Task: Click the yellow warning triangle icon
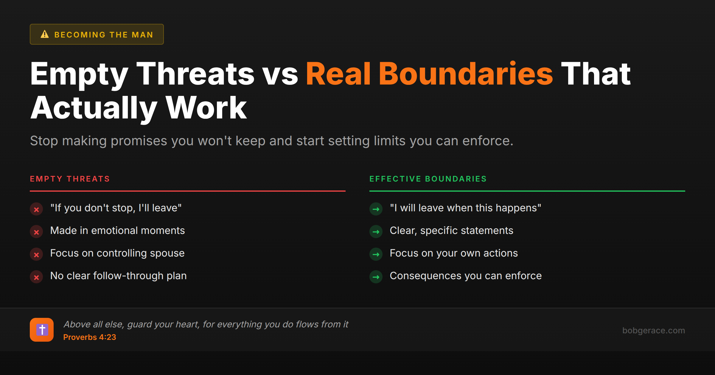coord(45,34)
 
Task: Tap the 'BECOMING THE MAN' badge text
coord(104,35)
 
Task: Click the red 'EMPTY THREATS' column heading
coord(70,179)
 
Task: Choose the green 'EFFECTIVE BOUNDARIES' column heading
coord(428,179)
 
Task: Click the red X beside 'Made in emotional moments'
coord(36,232)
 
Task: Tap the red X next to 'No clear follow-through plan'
coord(36,277)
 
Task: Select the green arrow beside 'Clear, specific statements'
coord(376,232)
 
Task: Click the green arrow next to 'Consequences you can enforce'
coord(376,277)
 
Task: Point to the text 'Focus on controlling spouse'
coord(117,253)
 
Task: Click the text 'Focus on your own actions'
coord(454,253)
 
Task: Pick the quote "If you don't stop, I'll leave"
coord(116,208)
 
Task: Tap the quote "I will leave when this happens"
coord(465,208)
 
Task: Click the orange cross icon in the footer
coord(42,330)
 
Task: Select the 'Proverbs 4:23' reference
coord(90,337)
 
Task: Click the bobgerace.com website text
coord(654,330)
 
